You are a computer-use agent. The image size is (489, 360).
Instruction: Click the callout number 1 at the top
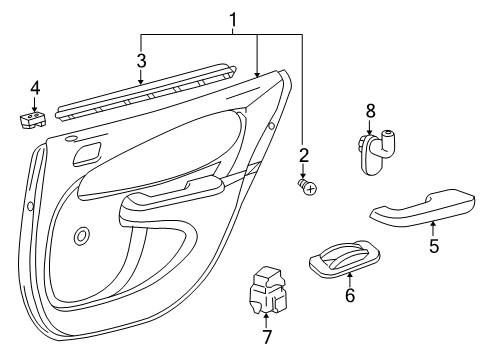click(234, 19)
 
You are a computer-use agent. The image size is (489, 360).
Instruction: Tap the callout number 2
click(303, 154)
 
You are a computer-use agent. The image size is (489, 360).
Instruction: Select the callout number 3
click(141, 58)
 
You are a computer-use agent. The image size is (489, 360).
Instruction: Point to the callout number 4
click(35, 89)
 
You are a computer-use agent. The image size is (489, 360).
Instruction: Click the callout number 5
click(433, 246)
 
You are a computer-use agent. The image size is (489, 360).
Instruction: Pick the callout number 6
click(349, 296)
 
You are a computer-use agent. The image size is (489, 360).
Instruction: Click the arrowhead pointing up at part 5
click(433, 227)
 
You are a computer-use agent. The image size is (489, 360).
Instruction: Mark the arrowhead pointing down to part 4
click(35, 108)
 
